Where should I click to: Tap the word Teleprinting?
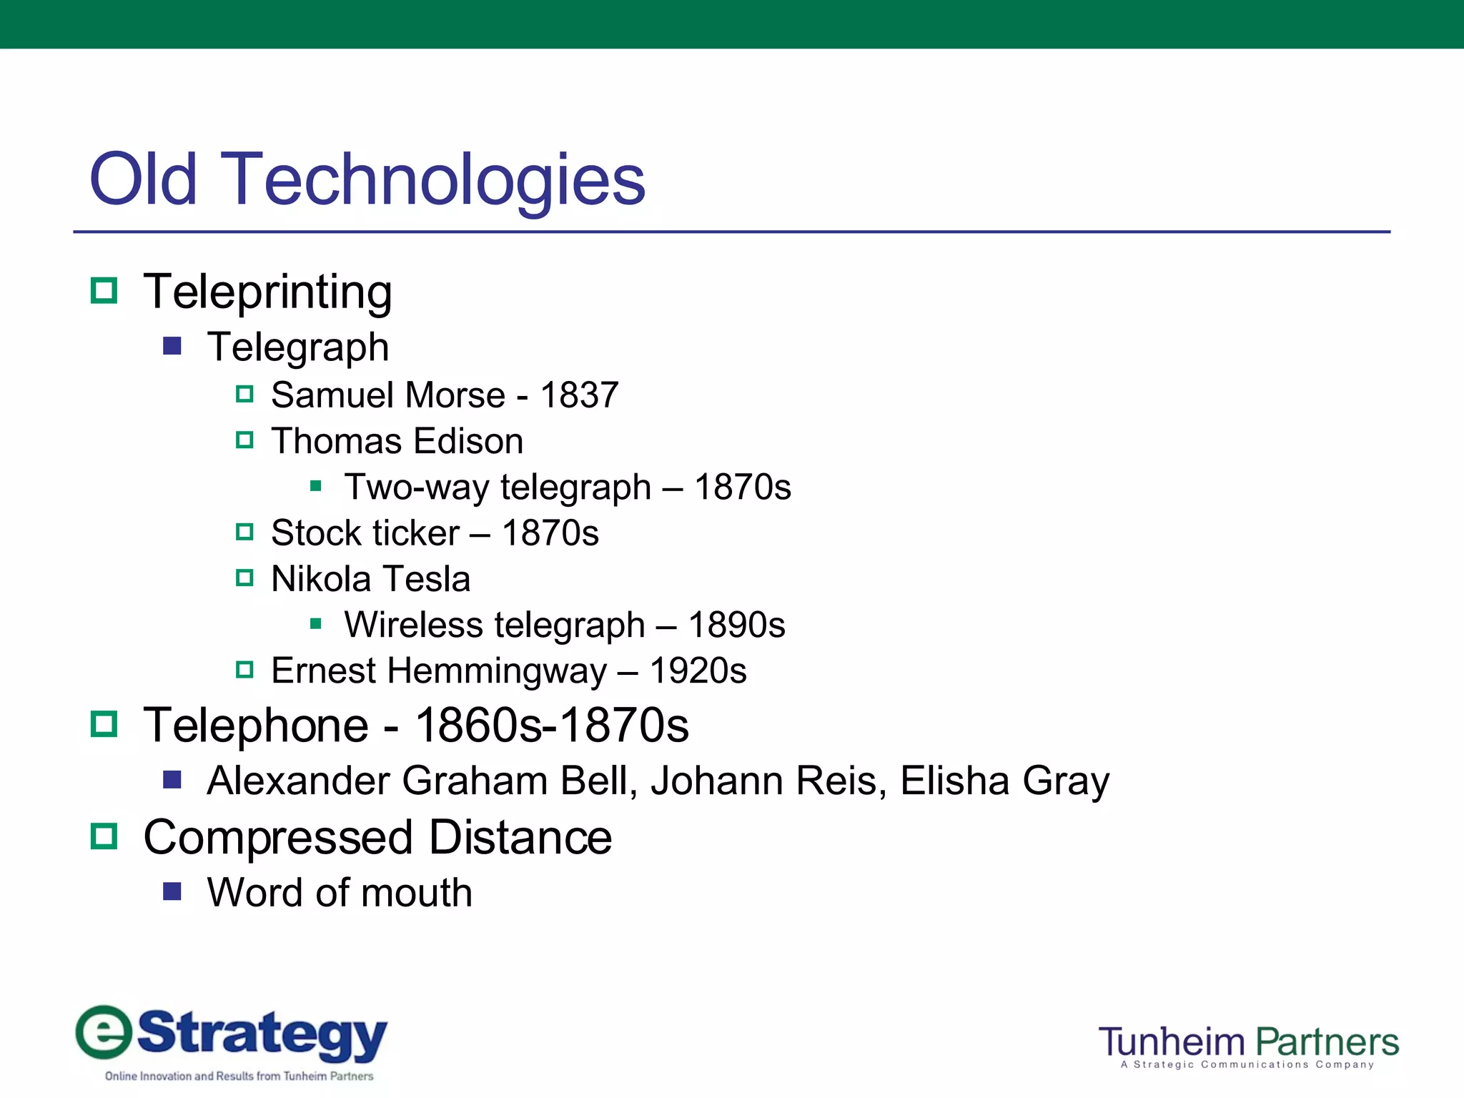tap(267, 292)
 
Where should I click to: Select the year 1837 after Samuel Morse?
tap(579, 395)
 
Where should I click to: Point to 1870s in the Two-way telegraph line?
tap(743, 488)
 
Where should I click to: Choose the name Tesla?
tap(427, 579)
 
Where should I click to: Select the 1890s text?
tap(736, 625)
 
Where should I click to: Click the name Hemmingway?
tap(497, 671)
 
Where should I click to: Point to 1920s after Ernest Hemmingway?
tap(698, 671)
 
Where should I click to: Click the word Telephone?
tap(256, 726)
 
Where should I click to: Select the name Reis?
tap(841, 781)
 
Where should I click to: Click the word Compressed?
tap(278, 837)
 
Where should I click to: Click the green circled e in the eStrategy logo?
tap(104, 1032)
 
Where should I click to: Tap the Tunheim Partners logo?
tap(1248, 1045)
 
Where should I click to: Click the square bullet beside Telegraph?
tap(172, 347)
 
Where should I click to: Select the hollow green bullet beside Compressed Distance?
tap(104, 836)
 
